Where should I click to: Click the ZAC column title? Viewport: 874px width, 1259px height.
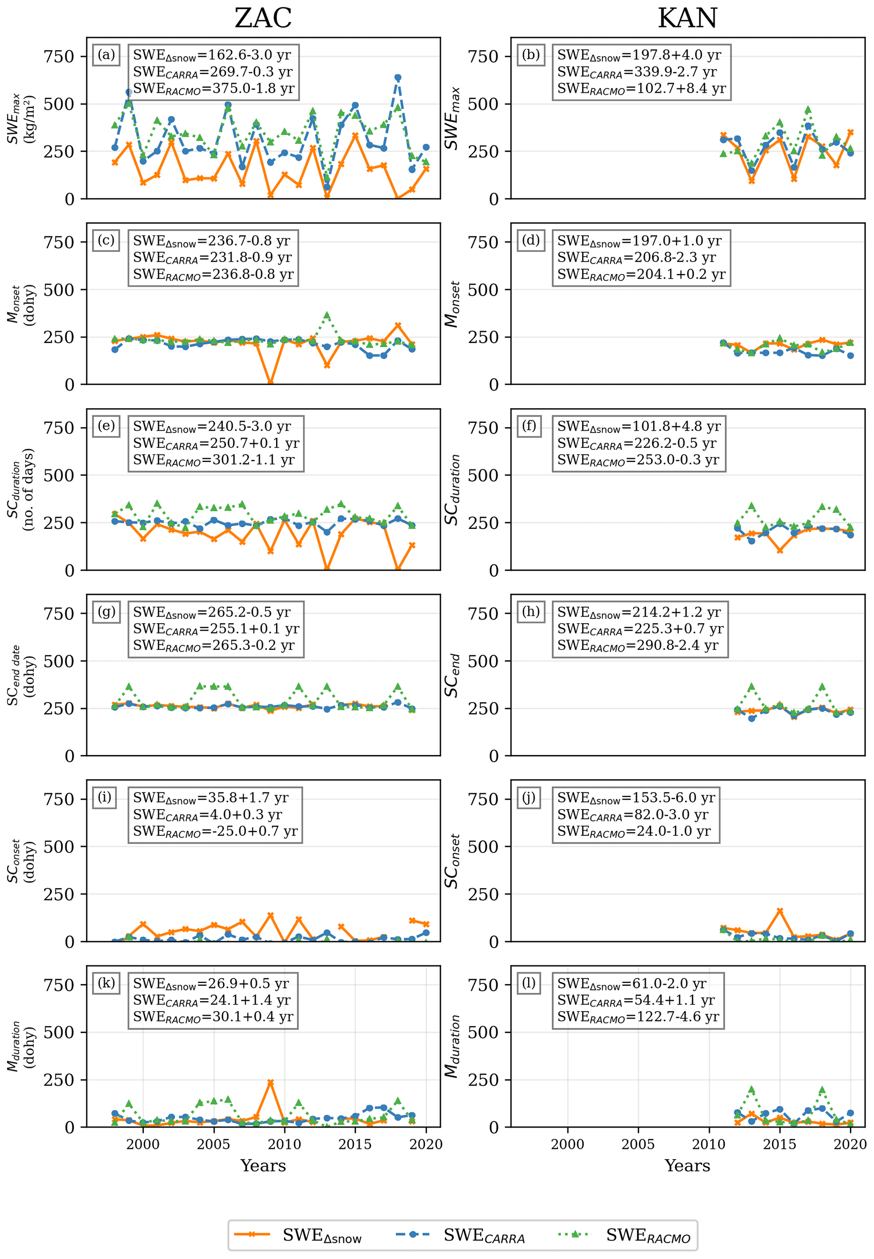(x=263, y=18)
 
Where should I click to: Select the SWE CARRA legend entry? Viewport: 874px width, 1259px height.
(x=460, y=1235)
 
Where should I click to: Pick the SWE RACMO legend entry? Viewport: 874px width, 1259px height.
(x=624, y=1235)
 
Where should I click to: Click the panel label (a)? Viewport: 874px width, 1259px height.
(x=106, y=55)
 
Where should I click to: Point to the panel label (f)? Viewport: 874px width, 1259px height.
(x=529, y=426)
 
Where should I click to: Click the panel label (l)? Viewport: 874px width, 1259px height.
(x=529, y=983)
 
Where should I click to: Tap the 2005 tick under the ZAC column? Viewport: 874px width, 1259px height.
(x=214, y=1144)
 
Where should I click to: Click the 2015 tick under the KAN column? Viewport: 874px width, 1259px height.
(x=779, y=1144)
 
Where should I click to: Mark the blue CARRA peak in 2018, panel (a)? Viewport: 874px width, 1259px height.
(x=397, y=78)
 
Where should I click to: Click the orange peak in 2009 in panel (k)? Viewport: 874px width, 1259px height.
(x=271, y=1082)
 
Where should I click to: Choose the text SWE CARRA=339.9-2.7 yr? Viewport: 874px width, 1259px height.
(x=636, y=72)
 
